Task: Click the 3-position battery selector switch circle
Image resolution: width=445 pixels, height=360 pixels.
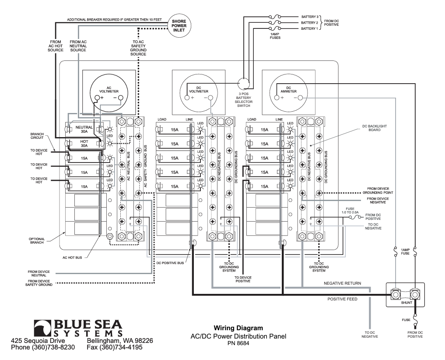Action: tap(244, 83)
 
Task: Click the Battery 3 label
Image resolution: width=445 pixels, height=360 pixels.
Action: tap(310, 15)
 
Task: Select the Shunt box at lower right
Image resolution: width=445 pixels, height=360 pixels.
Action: tap(405, 294)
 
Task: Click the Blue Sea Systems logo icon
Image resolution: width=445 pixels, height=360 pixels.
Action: tap(43, 328)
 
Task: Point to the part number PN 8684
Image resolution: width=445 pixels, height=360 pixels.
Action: tap(238, 343)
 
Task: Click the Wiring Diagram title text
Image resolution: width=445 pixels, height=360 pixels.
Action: tap(238, 328)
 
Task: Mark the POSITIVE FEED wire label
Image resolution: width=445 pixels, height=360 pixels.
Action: tap(343, 300)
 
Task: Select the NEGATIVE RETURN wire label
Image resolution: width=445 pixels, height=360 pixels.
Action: tap(342, 284)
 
